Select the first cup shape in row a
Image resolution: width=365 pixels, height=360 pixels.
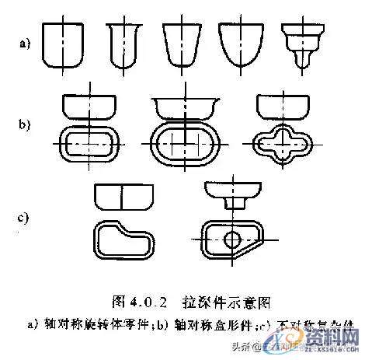point(62,44)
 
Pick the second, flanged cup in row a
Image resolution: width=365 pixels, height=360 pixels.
point(123,44)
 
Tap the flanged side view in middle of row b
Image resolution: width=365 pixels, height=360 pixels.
point(183,106)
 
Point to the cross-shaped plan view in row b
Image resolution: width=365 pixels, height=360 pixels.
point(284,144)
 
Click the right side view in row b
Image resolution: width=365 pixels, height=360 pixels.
point(284,106)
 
